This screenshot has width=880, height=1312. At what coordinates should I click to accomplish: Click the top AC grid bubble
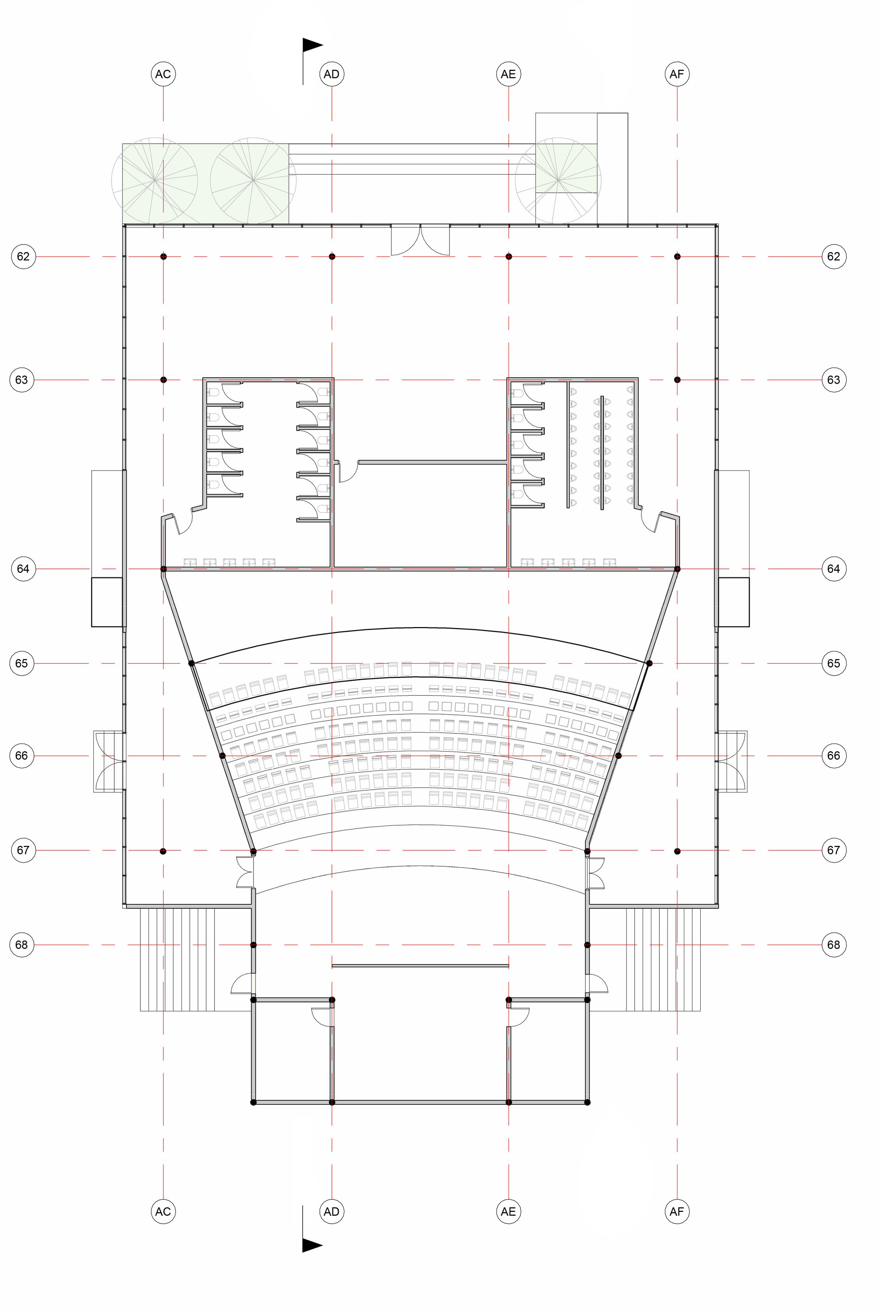pos(163,74)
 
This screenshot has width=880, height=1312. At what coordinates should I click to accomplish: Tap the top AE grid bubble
pos(508,74)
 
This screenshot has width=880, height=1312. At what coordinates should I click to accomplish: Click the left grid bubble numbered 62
pos(23,256)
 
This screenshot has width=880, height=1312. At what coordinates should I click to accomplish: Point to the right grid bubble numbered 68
pos(834,945)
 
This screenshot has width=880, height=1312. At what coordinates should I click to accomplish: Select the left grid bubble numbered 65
pos(21,663)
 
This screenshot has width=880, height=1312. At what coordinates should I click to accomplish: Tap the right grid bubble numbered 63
pos(834,380)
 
